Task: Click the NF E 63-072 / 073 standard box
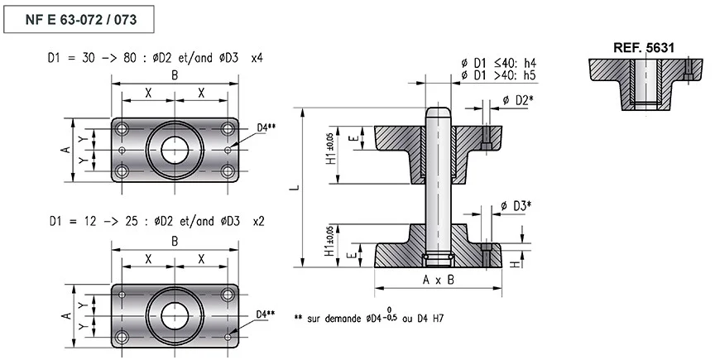[x=79, y=19]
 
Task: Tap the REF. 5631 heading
[x=643, y=48]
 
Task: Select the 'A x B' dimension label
[x=438, y=280]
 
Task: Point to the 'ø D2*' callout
[x=518, y=99]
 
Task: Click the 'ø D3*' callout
[x=516, y=206]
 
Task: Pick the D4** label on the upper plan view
[x=266, y=127]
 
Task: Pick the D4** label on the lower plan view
[x=266, y=314]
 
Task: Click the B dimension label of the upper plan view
[x=175, y=75]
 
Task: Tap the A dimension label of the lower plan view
[x=66, y=316]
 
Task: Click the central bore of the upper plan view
[x=175, y=150]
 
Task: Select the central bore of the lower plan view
[x=175, y=316]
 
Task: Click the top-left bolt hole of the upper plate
[x=122, y=128]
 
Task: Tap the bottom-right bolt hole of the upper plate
[x=228, y=172]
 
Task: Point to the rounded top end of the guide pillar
[x=438, y=112]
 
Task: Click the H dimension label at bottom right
[x=516, y=264]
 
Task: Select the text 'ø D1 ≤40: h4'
[x=499, y=63]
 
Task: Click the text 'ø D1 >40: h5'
[x=499, y=74]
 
